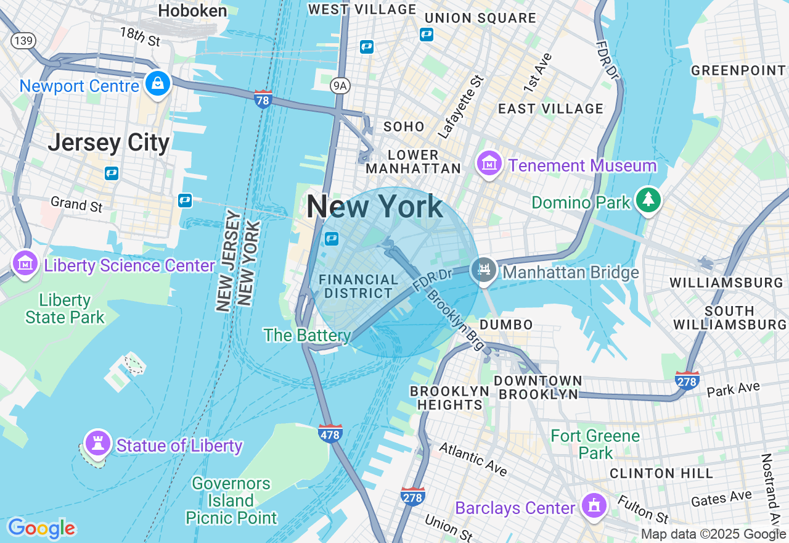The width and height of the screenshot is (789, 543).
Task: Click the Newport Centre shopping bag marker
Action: click(158, 83)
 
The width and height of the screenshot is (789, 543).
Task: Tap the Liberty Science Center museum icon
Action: click(25, 264)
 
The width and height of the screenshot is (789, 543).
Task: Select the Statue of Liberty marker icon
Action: click(97, 442)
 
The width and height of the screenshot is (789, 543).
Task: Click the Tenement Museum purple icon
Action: click(489, 164)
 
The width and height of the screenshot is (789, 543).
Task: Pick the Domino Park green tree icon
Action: click(648, 199)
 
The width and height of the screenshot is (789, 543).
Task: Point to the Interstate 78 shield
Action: click(263, 99)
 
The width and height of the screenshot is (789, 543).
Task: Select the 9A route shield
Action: click(339, 86)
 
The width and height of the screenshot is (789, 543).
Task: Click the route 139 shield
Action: click(23, 40)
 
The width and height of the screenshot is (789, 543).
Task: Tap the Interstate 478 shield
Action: click(330, 433)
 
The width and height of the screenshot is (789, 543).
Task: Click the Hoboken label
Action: click(192, 10)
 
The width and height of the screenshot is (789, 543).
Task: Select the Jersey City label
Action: click(108, 143)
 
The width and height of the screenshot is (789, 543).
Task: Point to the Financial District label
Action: click(359, 287)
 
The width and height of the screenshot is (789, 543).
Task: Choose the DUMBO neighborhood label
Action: click(506, 325)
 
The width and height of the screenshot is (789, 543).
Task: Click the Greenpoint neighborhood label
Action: click(738, 70)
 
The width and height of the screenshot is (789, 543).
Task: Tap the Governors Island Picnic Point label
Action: click(231, 500)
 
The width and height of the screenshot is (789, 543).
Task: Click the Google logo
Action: click(41, 528)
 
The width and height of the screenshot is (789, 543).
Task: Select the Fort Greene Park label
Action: click(595, 444)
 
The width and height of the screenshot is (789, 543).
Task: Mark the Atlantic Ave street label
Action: click(473, 460)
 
